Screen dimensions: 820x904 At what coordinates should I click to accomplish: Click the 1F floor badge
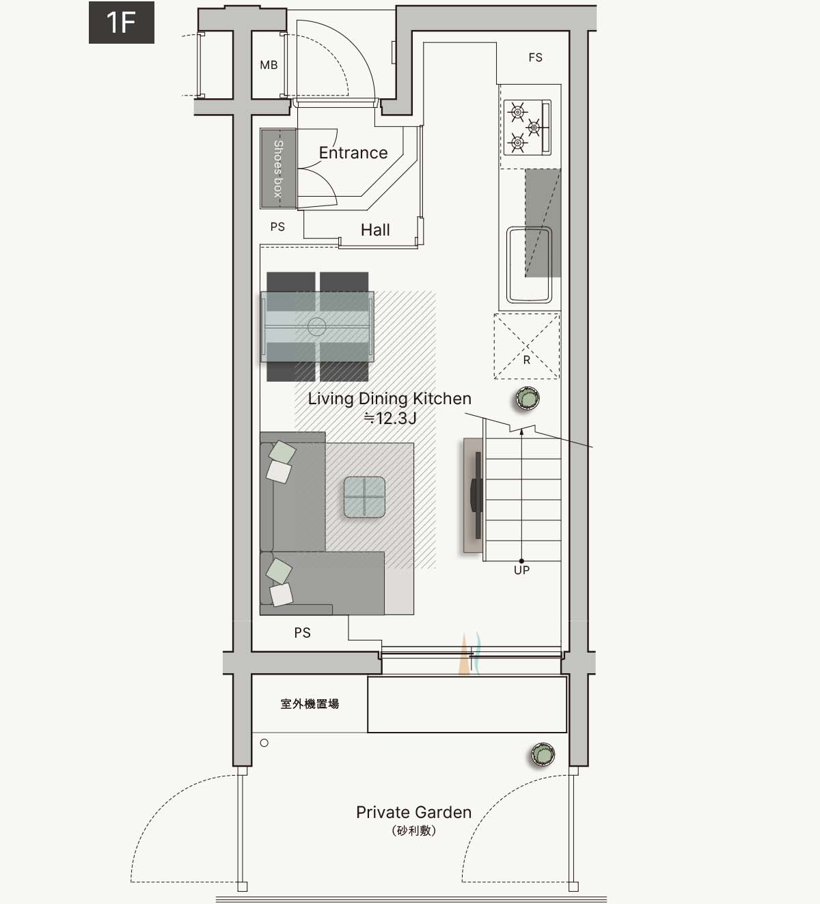122,23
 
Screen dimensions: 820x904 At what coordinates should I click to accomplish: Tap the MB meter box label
269,66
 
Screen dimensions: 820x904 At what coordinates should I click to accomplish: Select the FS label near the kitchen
535,57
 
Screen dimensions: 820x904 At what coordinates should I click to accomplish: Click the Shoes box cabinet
278,169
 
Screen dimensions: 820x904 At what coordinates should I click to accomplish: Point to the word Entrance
353,153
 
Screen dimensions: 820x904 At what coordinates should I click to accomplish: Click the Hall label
375,230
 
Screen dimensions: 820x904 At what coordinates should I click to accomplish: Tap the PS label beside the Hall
277,227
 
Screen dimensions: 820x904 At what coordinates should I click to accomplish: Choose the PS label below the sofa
302,633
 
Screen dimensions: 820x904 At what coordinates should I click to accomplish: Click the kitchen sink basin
529,264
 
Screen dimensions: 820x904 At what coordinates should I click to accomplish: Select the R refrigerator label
526,360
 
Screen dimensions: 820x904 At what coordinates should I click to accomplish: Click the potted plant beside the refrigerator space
528,398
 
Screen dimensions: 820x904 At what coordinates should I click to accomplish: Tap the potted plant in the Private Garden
543,754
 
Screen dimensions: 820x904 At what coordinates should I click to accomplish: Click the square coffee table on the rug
364,497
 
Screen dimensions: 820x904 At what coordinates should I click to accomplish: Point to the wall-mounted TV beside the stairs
477,495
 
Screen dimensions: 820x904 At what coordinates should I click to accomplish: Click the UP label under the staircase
522,570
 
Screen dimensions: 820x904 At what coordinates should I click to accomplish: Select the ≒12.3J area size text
390,419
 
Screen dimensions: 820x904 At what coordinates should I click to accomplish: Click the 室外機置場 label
310,704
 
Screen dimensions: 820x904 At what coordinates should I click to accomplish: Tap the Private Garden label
413,812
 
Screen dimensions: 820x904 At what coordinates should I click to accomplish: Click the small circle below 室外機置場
264,743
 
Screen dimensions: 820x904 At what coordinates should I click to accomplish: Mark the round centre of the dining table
316,327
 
